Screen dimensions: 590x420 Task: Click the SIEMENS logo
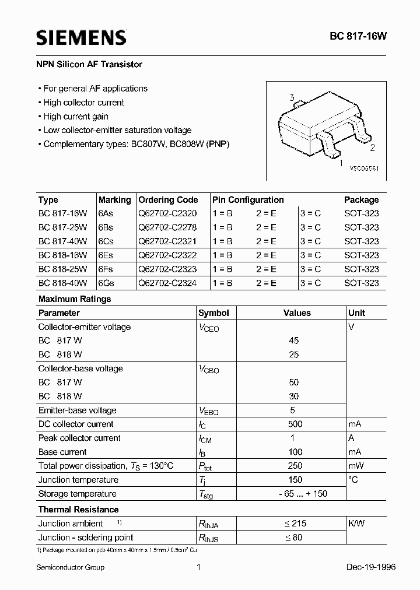[81, 38]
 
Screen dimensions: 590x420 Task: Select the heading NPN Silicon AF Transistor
[90, 64]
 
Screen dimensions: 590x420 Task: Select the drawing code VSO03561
[365, 168]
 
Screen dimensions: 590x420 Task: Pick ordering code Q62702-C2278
[168, 227]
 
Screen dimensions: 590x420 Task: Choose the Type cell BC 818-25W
[62, 269]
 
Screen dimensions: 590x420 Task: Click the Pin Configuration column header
[248, 199]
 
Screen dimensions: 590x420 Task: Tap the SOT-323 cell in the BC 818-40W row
[361, 283]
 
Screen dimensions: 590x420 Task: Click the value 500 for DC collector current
[295, 424]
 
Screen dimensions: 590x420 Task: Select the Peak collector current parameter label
[79, 438]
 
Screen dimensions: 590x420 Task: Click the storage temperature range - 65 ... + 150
[295, 494]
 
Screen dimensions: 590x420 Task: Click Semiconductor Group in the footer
[71, 567]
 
